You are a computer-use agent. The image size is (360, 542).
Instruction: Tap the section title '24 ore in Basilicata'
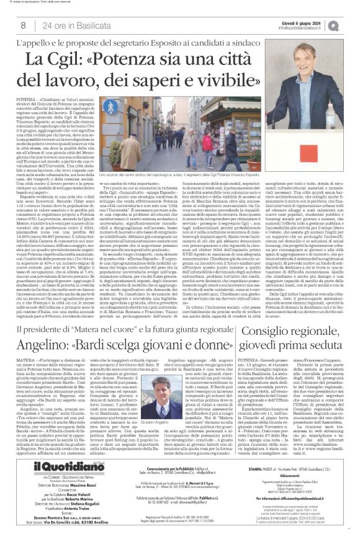(70, 25)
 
